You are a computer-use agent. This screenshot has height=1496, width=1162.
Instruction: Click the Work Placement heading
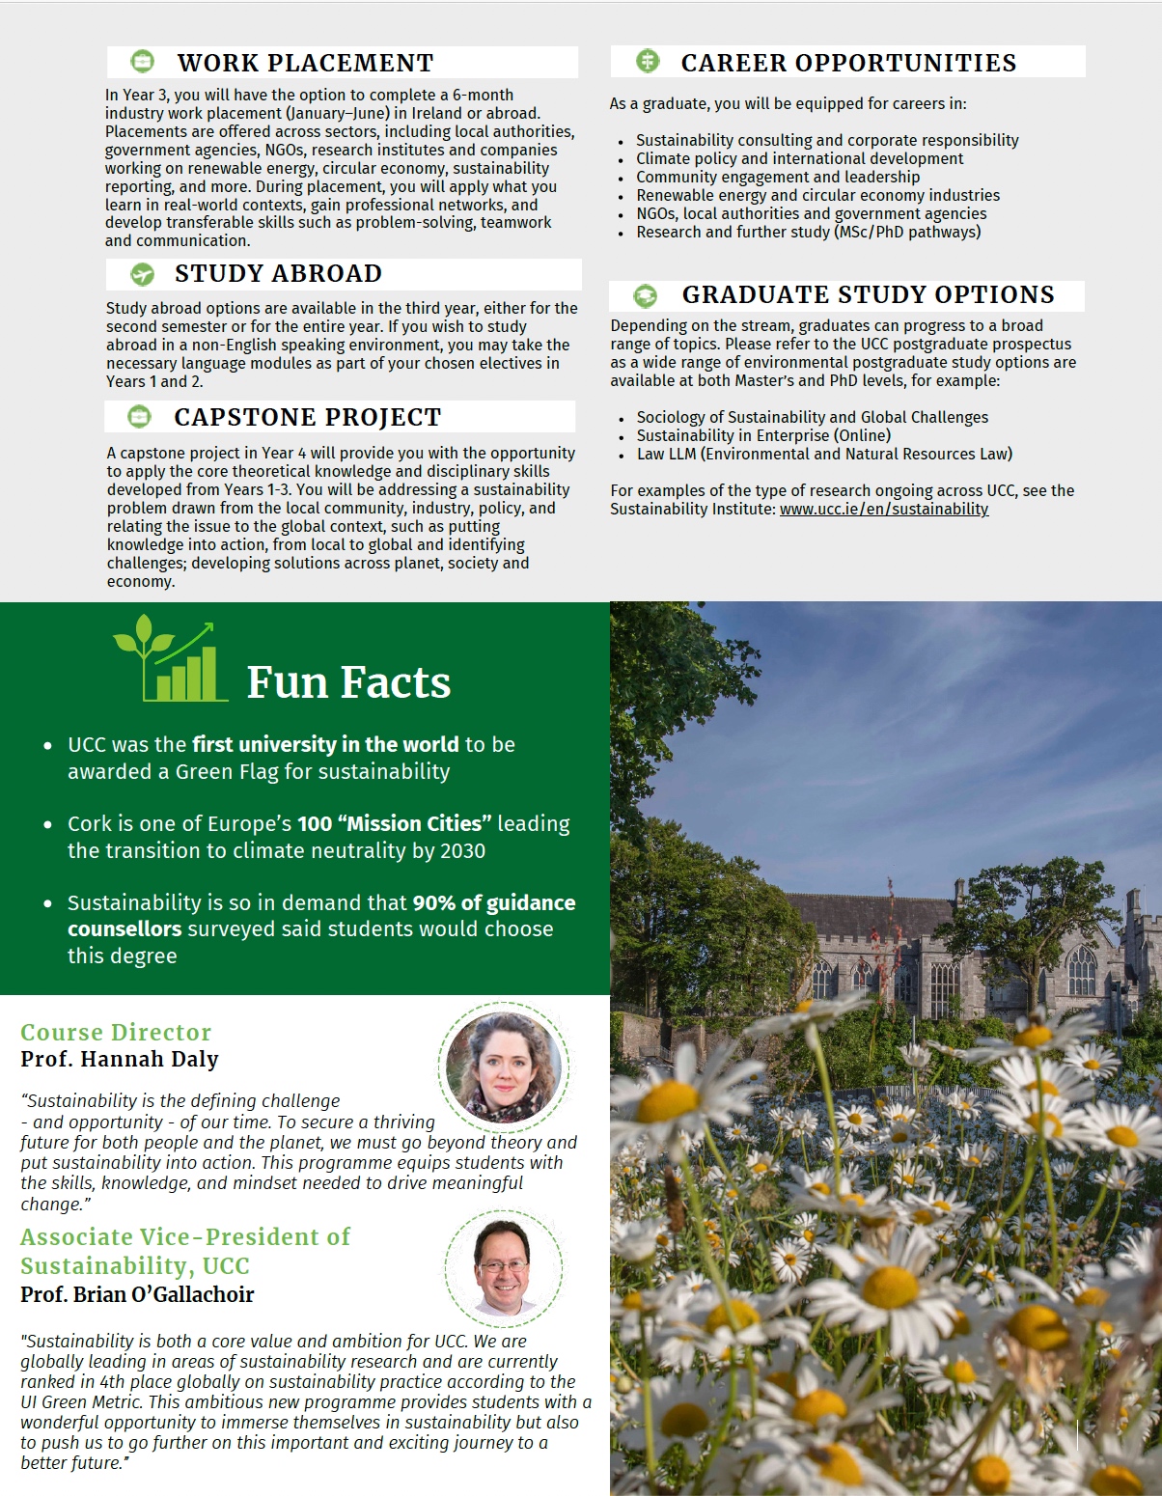(x=305, y=63)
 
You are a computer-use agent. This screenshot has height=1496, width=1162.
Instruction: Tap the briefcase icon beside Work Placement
(x=142, y=63)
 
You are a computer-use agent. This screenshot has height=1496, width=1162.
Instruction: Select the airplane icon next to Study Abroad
(x=142, y=274)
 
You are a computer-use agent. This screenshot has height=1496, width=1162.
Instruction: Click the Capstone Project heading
(x=307, y=417)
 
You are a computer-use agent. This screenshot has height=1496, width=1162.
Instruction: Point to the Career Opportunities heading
(x=848, y=63)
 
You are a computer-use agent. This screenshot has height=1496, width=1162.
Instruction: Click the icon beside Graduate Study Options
(x=646, y=295)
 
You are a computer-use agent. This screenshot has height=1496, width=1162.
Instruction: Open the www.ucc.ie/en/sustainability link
(x=884, y=509)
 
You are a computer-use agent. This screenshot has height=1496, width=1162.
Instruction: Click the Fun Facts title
(x=348, y=682)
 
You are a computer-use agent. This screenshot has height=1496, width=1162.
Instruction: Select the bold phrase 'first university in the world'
(x=325, y=744)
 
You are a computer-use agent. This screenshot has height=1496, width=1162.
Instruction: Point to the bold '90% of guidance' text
(x=493, y=902)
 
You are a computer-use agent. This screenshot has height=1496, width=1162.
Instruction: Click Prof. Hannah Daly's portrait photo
(x=504, y=1067)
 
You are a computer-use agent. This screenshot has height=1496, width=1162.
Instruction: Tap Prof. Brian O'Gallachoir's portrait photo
(x=503, y=1267)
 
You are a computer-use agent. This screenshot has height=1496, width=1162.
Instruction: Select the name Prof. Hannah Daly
(x=120, y=1059)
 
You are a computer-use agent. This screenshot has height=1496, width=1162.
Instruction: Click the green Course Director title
(x=116, y=1032)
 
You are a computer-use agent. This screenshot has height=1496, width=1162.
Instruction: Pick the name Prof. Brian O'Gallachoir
(x=137, y=1294)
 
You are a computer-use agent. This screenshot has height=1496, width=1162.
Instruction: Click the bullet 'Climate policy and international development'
(x=799, y=158)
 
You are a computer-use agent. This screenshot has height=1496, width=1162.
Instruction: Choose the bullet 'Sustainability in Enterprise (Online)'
(x=763, y=435)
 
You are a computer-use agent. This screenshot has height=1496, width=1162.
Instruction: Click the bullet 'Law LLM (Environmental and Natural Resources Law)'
(x=824, y=454)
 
